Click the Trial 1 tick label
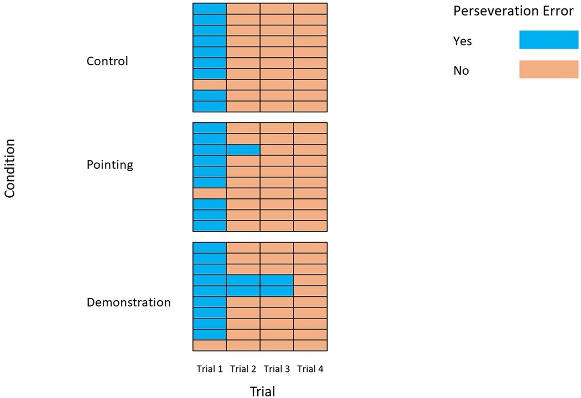[x=209, y=369]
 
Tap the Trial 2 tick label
[x=243, y=369]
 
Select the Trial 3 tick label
[x=277, y=369]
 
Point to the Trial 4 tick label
[x=310, y=369]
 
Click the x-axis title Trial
[x=262, y=391]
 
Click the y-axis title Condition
[x=9, y=168]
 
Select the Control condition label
[x=107, y=61]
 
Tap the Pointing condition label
[x=110, y=165]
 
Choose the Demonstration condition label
[x=129, y=302]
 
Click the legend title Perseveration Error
[x=513, y=11]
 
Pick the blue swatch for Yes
[x=549, y=40]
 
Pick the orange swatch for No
[x=549, y=69]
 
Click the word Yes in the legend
[x=462, y=41]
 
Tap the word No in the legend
[x=461, y=71]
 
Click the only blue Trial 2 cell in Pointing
[x=243, y=150]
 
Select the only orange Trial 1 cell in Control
[x=209, y=85]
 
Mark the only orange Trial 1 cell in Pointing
[x=209, y=193]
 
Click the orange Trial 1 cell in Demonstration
[x=209, y=345]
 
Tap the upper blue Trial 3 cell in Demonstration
[x=277, y=280]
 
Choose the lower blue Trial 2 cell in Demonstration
[x=243, y=291]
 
